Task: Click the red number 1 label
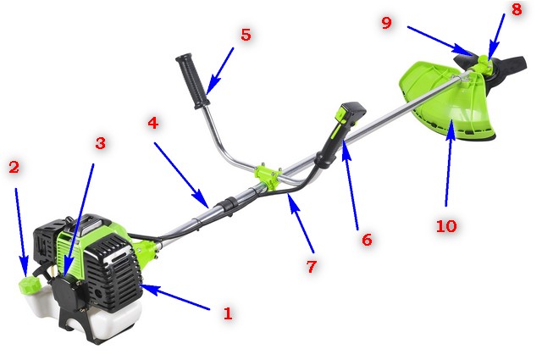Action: click(x=228, y=313)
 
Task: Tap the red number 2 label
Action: click(x=14, y=167)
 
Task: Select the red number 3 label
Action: click(x=100, y=142)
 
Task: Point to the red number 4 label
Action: click(x=153, y=123)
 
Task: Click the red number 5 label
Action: click(x=246, y=35)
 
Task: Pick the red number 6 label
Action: click(x=367, y=240)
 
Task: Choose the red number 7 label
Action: click(x=312, y=266)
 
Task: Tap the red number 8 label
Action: click(x=517, y=9)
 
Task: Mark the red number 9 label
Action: click(x=387, y=23)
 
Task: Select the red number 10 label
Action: click(x=446, y=226)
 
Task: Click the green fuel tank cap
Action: click(x=30, y=285)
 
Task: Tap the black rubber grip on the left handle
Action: click(x=192, y=80)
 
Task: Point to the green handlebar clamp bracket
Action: click(x=268, y=176)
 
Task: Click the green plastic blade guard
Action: click(x=446, y=100)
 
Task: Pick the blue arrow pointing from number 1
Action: click(x=175, y=297)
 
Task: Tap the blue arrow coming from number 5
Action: click(x=220, y=71)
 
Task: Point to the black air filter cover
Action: click(x=66, y=294)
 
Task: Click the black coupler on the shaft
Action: click(x=229, y=204)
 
